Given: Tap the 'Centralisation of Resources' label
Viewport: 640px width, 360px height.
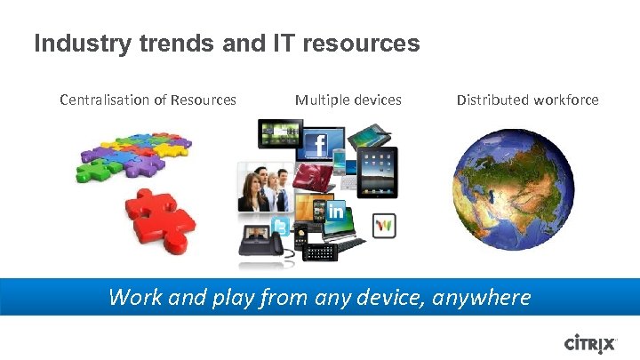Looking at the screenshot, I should tap(148, 100).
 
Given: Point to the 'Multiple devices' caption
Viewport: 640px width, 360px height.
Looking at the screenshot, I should tap(348, 100).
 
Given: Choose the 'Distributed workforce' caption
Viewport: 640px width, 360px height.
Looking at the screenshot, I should tap(527, 100).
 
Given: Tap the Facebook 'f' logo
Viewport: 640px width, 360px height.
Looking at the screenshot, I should tap(317, 148).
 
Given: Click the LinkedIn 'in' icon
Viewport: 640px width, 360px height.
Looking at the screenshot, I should tap(336, 211).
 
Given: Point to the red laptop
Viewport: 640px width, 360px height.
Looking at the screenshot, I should tap(314, 180).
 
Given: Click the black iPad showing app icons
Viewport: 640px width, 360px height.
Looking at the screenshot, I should tap(380, 173).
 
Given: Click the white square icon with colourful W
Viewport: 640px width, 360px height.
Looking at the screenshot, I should tap(384, 226).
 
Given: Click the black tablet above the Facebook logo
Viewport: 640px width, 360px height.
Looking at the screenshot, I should tap(279, 134).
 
